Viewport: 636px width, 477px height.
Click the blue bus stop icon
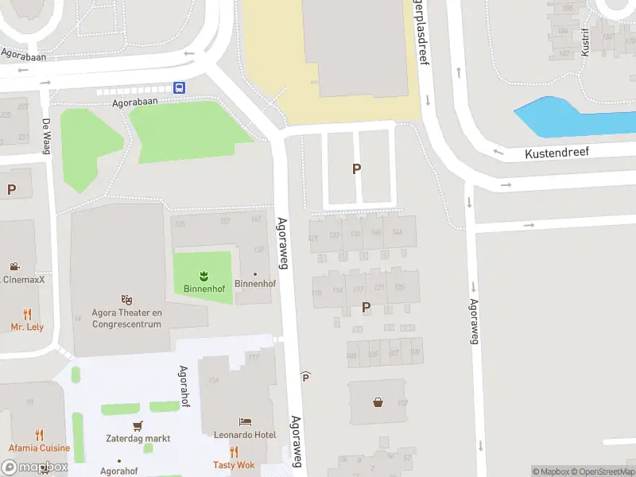click(180, 88)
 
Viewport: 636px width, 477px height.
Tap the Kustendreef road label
click(556, 152)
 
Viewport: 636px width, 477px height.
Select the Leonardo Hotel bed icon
click(245, 421)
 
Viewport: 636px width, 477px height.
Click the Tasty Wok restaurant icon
click(234, 452)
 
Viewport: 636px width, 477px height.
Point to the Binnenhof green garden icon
click(203, 274)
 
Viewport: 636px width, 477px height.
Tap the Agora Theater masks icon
click(126, 299)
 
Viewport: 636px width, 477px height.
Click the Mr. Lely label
click(27, 327)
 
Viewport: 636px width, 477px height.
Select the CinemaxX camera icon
click(14, 266)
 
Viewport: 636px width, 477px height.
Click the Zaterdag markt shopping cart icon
click(138, 425)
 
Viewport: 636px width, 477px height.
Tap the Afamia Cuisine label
click(40, 448)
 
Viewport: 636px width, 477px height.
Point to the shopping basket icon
click(378, 401)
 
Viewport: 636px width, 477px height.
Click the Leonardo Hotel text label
click(245, 435)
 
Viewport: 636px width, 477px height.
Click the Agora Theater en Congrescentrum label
click(126, 318)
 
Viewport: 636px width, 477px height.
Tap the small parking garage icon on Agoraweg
click(305, 376)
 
